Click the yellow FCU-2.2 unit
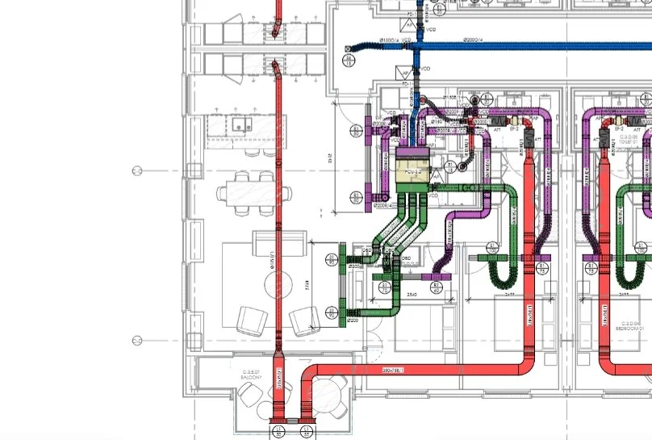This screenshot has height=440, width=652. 412,171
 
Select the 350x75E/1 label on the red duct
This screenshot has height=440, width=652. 393,370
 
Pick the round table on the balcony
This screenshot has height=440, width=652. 329,393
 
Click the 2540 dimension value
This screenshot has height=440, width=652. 412,295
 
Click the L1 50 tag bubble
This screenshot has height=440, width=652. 332,259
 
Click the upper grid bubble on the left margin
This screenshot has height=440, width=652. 137,170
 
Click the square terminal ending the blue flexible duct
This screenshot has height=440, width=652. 349,49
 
